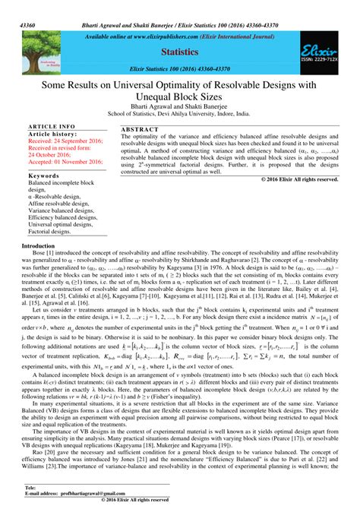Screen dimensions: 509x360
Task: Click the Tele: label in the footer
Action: point(31,486)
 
